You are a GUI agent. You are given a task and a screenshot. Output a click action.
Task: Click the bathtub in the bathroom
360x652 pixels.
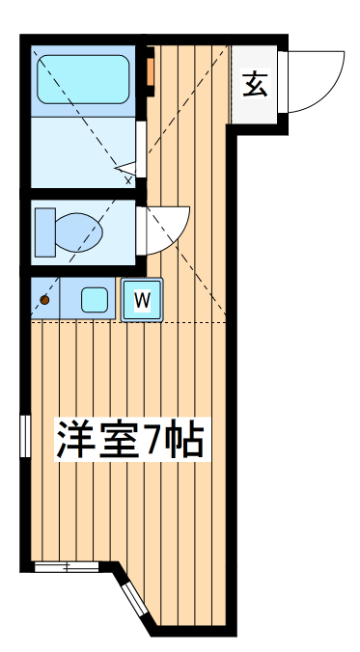point(83,79)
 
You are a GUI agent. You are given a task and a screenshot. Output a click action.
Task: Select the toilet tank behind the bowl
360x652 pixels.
point(45,230)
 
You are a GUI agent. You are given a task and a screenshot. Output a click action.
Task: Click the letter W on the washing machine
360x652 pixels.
point(141,299)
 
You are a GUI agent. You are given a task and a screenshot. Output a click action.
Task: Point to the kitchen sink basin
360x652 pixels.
point(95,299)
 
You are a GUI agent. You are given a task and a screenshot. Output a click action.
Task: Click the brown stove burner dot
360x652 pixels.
point(43,300)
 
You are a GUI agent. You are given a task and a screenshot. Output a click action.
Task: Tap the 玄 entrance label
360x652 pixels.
point(255,85)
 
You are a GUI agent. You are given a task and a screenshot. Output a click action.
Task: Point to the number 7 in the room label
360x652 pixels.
point(154,440)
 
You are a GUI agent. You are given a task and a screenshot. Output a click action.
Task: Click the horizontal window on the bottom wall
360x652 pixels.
point(66,566)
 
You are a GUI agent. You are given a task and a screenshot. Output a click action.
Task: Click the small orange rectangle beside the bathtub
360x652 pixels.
point(151,73)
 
